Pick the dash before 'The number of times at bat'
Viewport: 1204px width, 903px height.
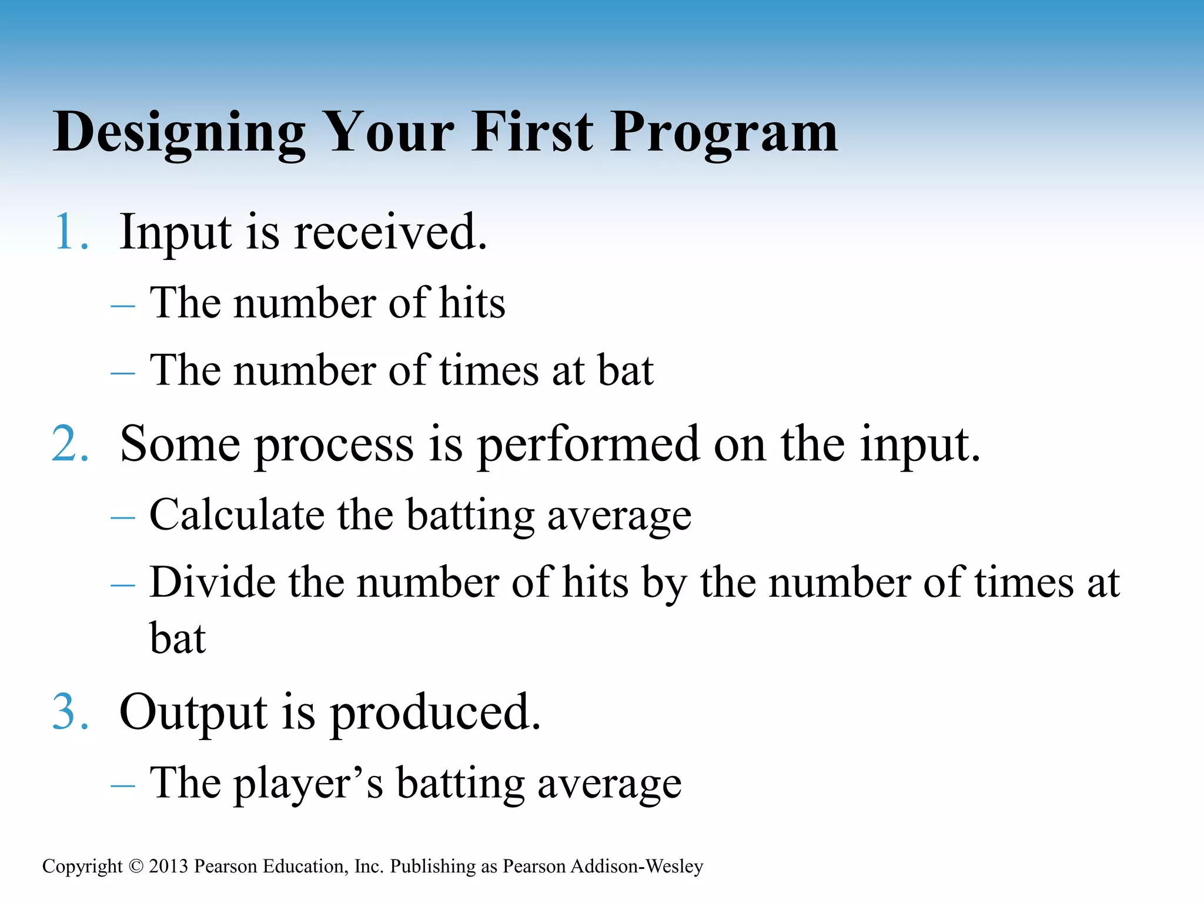[123, 373]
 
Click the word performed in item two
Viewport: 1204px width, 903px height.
[588, 445]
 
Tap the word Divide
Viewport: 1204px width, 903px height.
[212, 583]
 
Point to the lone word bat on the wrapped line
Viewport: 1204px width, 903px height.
[178, 638]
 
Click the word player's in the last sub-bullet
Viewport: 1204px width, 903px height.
[309, 784]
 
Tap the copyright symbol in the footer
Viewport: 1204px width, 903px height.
[136, 867]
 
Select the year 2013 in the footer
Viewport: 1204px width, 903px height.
[168, 867]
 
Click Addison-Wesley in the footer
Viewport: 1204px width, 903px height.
[637, 867]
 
